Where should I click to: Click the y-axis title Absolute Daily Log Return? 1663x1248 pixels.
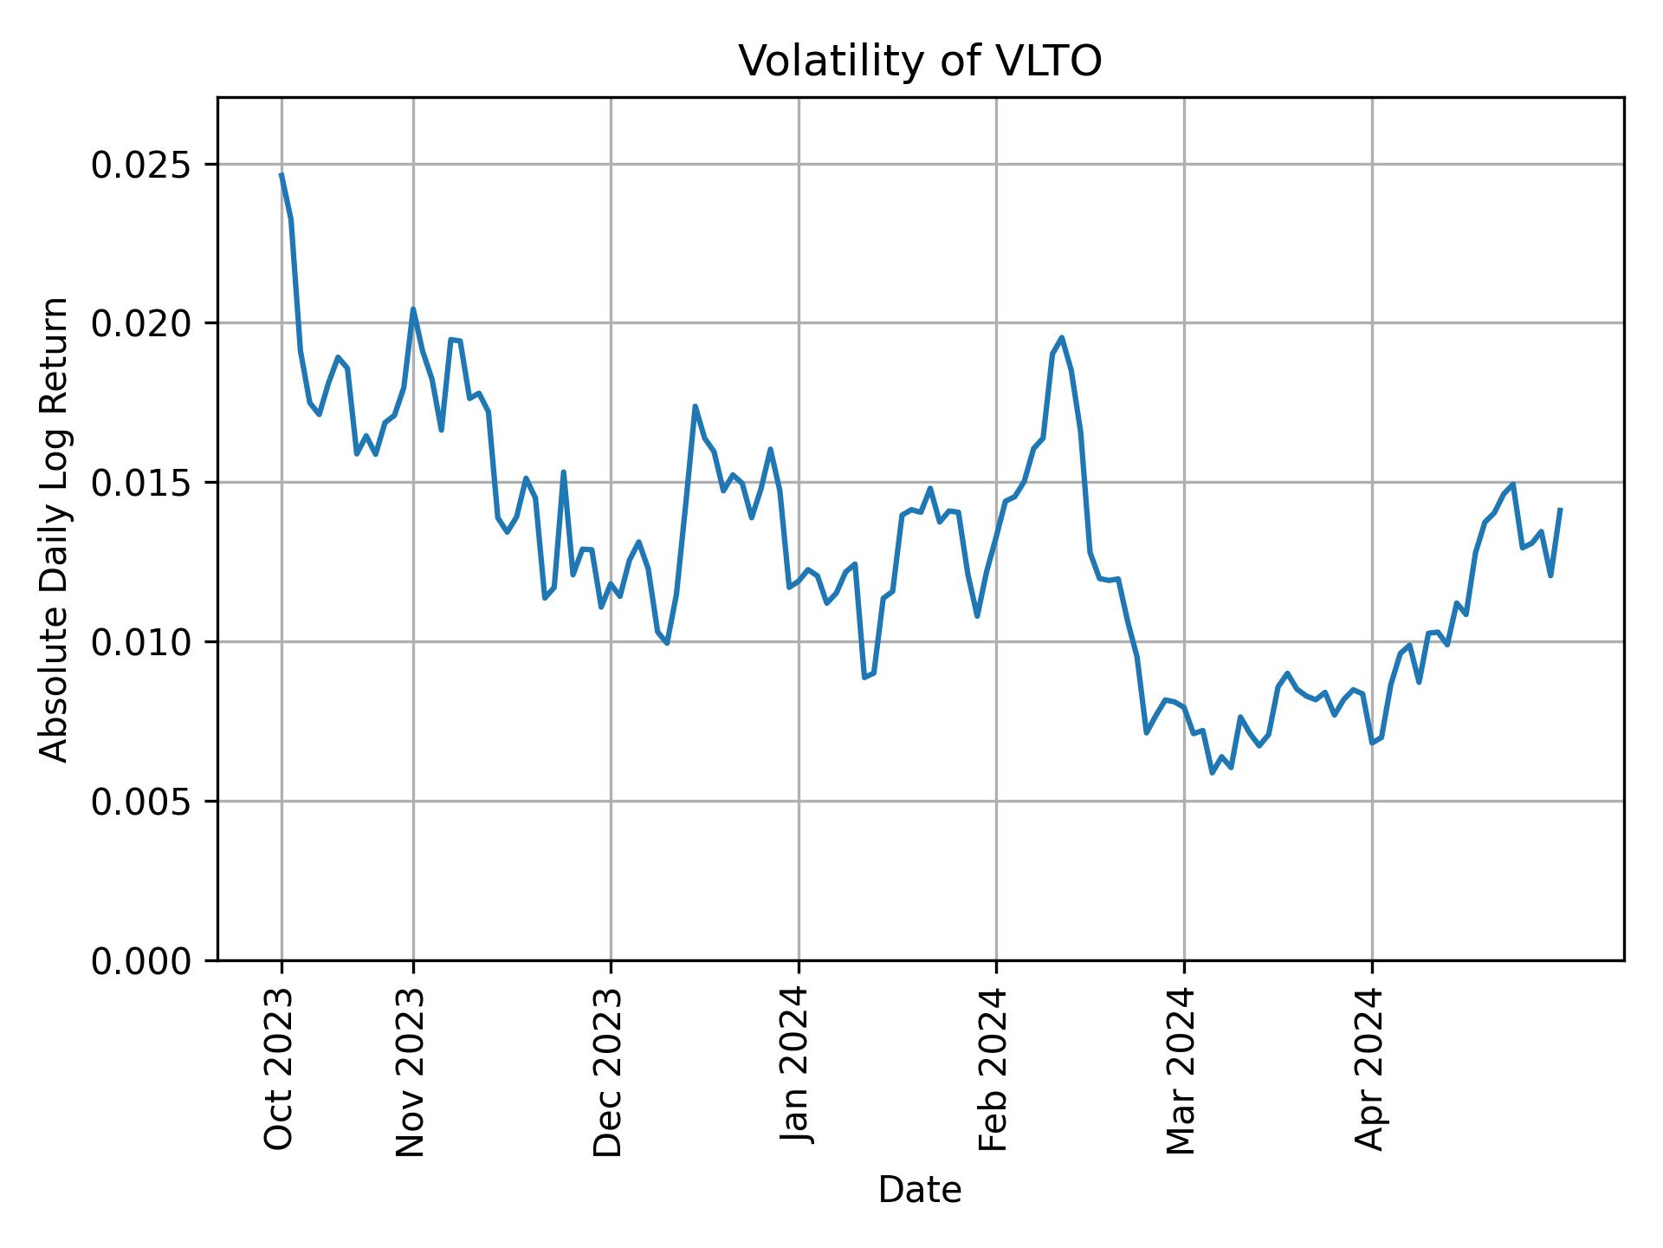55,530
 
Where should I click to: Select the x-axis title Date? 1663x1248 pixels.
920,1190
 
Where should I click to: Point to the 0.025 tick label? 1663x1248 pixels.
142,165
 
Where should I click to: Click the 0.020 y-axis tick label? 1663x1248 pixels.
142,323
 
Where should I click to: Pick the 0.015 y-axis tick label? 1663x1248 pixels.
142,483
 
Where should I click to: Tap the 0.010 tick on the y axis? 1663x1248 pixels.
142,642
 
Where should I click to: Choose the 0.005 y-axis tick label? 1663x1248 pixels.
142,802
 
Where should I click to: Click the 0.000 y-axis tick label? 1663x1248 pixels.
142,960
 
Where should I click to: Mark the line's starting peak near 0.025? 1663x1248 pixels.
281,174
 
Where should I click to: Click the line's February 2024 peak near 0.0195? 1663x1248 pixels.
1062,338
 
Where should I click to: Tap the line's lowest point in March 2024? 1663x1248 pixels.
1213,772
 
